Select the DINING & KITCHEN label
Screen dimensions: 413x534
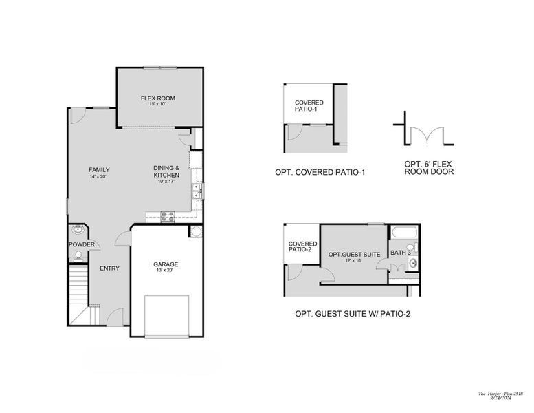tap(166, 171)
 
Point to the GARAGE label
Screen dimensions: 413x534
tap(166, 264)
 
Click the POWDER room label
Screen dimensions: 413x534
tap(81, 244)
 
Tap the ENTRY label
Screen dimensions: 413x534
tap(109, 268)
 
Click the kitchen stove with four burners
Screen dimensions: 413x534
tap(168, 216)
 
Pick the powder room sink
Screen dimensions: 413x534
tap(78, 228)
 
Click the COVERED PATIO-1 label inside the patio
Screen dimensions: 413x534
tap(309, 107)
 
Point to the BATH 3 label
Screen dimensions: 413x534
tap(401, 253)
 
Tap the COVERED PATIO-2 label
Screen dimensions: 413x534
tap(302, 246)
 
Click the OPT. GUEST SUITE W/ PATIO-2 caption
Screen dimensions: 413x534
tap(353, 314)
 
